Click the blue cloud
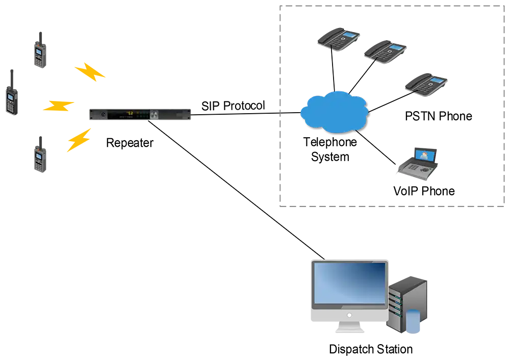[334, 112]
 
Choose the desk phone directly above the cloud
[337, 38]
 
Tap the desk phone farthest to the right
[426, 84]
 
